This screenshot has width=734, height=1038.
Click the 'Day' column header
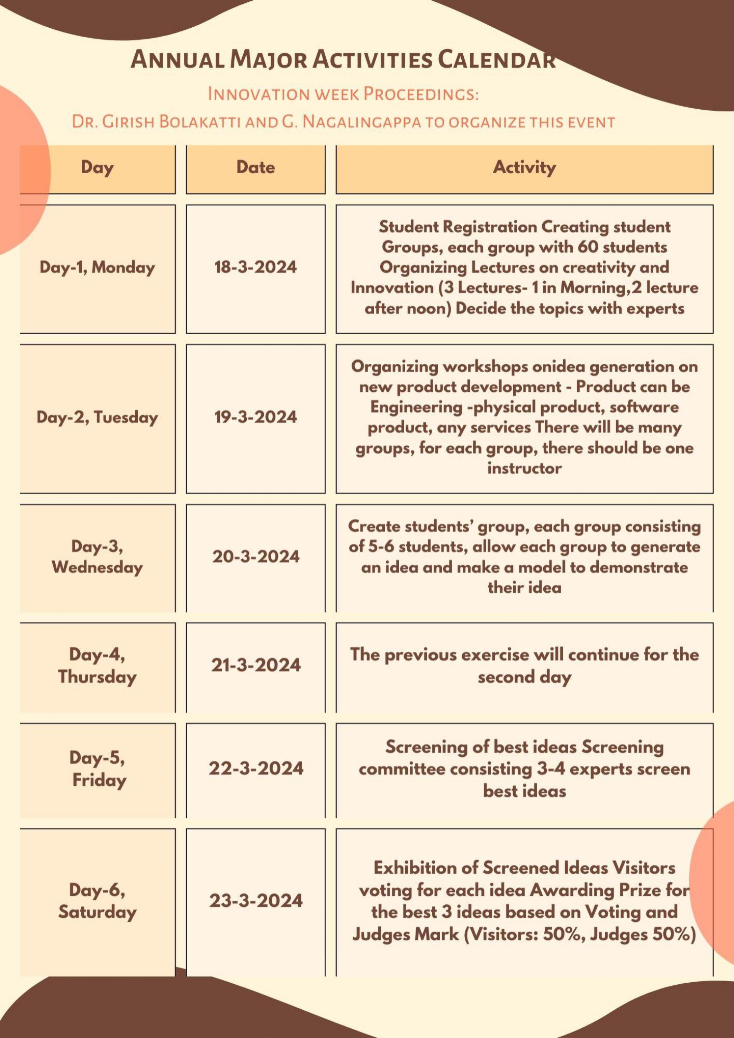(x=97, y=167)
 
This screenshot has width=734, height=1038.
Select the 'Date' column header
(x=255, y=167)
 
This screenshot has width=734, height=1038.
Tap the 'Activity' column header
(x=524, y=167)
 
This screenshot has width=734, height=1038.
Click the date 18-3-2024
(x=255, y=267)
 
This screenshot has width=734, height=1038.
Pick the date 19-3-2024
(x=255, y=417)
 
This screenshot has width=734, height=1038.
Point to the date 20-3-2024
(x=255, y=556)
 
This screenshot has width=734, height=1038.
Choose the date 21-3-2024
(x=255, y=665)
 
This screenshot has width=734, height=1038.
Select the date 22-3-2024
(x=255, y=768)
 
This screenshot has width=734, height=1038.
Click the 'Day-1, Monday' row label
(x=97, y=267)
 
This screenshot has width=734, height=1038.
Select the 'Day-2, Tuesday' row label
(x=97, y=417)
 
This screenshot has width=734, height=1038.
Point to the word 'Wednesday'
(x=97, y=567)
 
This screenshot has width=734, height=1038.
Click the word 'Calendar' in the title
(x=496, y=60)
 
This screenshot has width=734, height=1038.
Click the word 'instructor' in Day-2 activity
(x=524, y=468)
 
